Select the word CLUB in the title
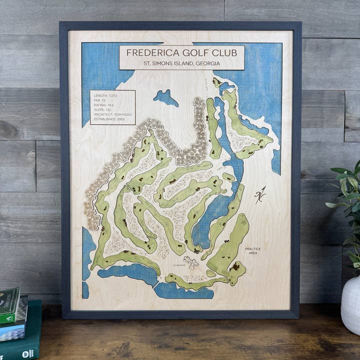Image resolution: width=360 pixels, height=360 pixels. [226, 52]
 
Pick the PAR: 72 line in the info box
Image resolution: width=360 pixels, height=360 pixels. [100, 100]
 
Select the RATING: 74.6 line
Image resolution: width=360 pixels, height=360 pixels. [103, 105]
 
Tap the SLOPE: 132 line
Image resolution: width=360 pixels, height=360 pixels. [102, 110]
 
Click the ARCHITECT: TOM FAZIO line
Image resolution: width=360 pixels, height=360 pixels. [111, 116]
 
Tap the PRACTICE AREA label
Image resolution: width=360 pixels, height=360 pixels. [252, 250]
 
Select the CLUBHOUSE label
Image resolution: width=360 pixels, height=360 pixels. [179, 265]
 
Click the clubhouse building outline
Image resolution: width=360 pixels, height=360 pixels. [190, 262]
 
